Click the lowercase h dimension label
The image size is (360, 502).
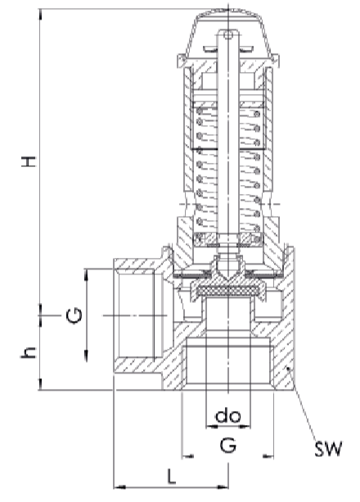click(x=29, y=353)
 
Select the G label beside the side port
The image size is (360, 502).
click(x=74, y=315)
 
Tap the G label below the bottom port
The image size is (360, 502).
click(x=228, y=445)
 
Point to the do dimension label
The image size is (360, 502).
click(x=228, y=416)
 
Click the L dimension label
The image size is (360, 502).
click(x=172, y=477)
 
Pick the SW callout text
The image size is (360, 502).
click(x=328, y=449)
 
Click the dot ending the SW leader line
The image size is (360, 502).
click(x=288, y=369)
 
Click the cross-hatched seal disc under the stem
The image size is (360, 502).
click(x=228, y=291)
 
